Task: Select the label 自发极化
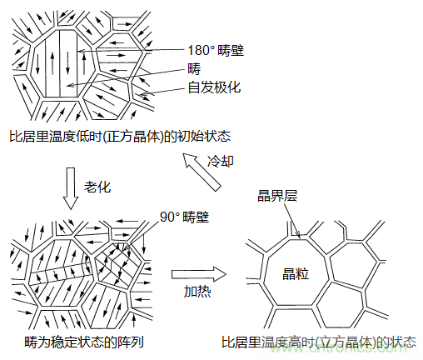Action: [216, 86]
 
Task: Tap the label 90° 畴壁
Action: [184, 218]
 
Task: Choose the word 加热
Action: [197, 292]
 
